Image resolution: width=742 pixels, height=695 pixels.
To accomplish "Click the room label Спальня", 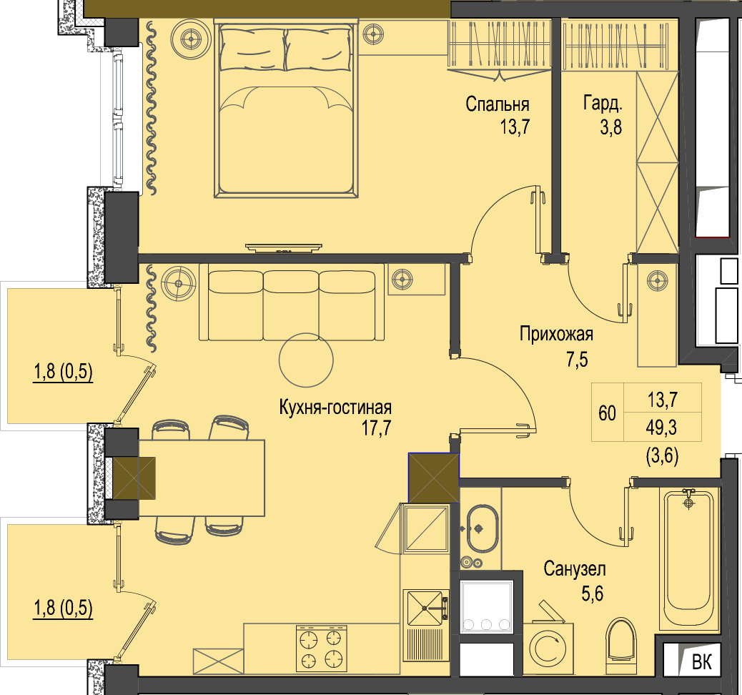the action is coord(497,104).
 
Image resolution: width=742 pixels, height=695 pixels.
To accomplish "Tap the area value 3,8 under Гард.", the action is coord(611,127).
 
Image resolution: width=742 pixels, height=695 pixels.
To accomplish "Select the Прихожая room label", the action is coord(556,334).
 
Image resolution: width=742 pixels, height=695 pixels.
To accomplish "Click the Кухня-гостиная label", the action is coord(335,407).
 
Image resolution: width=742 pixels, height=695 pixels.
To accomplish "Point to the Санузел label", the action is coord(575,569).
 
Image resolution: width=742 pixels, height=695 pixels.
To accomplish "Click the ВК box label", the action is coord(702,662).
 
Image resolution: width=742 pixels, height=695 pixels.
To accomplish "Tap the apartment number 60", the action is coord(607,413).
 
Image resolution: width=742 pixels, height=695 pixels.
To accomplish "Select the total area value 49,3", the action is coord(661,428).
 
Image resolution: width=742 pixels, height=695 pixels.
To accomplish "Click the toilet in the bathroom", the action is coord(621,640).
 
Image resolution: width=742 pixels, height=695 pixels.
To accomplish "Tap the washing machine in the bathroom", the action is coord(548,643).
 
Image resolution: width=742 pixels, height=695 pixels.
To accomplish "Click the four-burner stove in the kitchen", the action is coord(321,648).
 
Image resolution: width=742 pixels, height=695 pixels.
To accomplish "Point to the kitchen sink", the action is coord(425,608).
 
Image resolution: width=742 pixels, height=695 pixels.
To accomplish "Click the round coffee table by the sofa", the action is coord(306,360).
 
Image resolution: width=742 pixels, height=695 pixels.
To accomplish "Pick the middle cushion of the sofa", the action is coord(291,305).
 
